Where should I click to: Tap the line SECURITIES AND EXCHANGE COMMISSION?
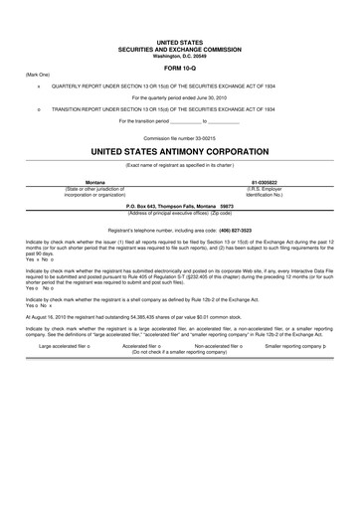coord(180,50)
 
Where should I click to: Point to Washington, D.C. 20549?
coord(180,56)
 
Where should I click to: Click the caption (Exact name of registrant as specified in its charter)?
coord(180,164)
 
